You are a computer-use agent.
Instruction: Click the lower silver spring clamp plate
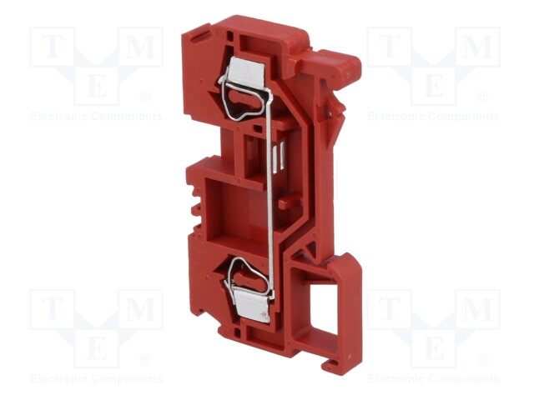[252, 306]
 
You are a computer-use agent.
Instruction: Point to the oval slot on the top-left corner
[201, 36]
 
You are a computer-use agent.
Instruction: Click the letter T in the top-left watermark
[52, 47]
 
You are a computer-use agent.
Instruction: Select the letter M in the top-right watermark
[477, 47]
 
